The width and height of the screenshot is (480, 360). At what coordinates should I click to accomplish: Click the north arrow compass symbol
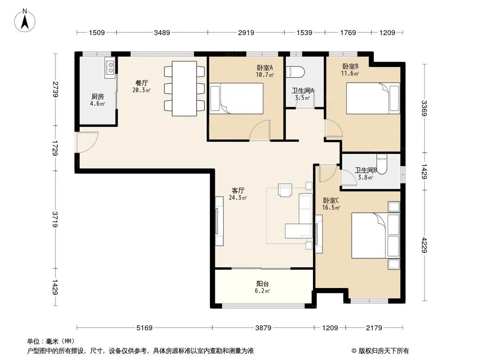(25, 21)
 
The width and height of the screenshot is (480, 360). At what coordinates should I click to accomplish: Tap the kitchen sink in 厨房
(110, 67)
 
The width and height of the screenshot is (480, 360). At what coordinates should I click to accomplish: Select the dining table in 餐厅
(184, 89)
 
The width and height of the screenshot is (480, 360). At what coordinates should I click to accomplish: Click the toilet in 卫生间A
(295, 72)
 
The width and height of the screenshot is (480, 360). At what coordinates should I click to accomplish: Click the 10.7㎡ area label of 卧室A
(265, 74)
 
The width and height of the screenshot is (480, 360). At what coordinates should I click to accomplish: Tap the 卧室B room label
(350, 66)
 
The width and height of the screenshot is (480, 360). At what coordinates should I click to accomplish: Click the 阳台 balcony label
(263, 284)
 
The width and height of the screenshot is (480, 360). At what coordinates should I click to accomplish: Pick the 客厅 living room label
(238, 190)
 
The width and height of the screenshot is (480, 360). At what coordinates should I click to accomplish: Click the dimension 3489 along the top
(162, 32)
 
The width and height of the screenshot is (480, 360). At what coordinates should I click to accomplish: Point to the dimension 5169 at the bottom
(144, 328)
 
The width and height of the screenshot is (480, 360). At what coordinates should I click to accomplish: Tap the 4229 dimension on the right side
(424, 245)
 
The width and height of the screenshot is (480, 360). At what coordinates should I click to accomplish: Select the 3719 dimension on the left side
(55, 219)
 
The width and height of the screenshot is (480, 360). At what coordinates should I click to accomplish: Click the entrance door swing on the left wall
(87, 142)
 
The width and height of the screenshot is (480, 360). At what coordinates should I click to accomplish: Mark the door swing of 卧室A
(260, 130)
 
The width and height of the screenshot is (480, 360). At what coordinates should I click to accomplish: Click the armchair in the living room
(285, 190)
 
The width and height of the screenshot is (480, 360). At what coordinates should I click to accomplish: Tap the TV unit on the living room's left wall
(219, 221)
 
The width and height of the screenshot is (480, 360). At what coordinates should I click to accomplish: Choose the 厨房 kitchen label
(98, 97)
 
